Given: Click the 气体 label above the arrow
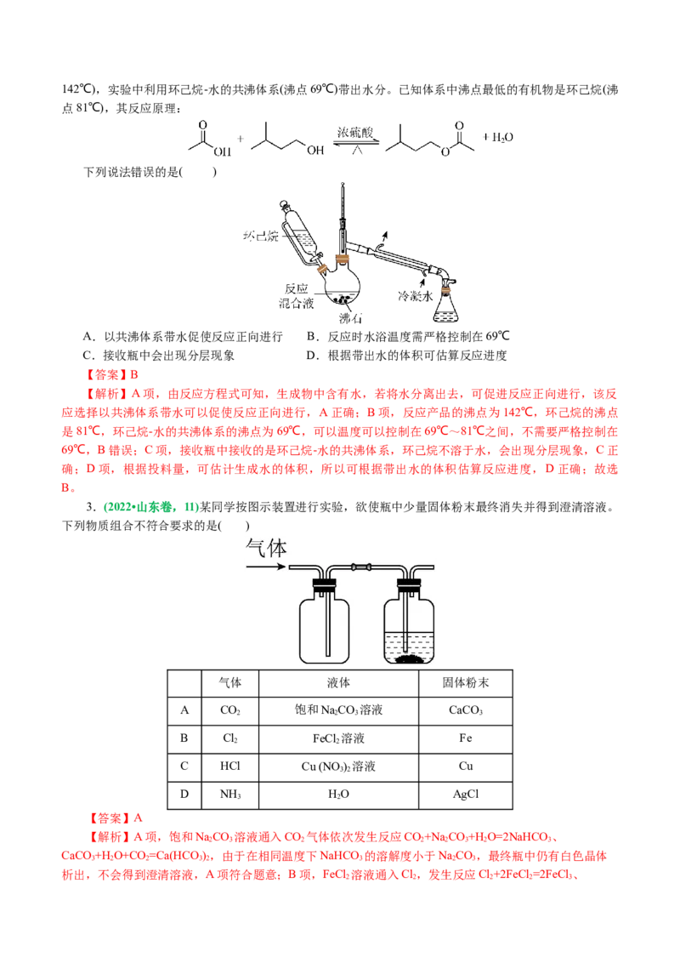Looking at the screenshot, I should click(266, 549).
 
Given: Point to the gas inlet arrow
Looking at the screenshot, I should click(266, 566).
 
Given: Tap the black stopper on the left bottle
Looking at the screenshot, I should click(325, 584).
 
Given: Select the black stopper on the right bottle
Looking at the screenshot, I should click(409, 584).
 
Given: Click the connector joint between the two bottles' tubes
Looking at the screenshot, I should click(361, 566).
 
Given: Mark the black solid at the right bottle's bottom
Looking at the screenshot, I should click(410, 658).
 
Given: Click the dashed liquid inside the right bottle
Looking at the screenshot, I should click(409, 643).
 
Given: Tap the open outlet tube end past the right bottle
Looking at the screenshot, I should click(433, 567).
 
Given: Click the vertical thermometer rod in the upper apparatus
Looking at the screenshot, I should click(343, 213).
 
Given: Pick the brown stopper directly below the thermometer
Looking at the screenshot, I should click(343, 258).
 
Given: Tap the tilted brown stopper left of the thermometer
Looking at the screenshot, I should click(321, 269).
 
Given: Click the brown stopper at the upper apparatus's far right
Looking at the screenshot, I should click(447, 291).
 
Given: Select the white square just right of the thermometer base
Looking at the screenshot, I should click(363, 250).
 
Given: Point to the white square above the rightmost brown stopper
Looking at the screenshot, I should click(434, 271).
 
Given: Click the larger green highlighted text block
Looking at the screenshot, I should click(139, 508).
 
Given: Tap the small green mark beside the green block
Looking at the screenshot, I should click(191, 508).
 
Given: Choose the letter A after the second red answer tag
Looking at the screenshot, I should click(139, 818).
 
